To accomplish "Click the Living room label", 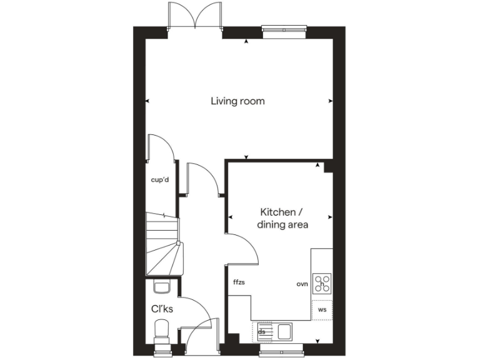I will tap(237, 101).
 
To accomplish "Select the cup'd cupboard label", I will tap(161, 180).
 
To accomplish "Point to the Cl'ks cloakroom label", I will tap(162, 308).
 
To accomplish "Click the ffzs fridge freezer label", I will tap(239, 282).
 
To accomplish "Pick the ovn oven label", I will tap(302, 284).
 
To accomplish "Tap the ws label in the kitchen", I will tap(322, 309).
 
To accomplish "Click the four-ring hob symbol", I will tap(322, 283).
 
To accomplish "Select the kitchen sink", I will tap(285, 330).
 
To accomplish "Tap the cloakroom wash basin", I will tap(161, 287).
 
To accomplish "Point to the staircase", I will tap(164, 244).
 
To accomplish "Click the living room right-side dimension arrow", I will tap(330, 101).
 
